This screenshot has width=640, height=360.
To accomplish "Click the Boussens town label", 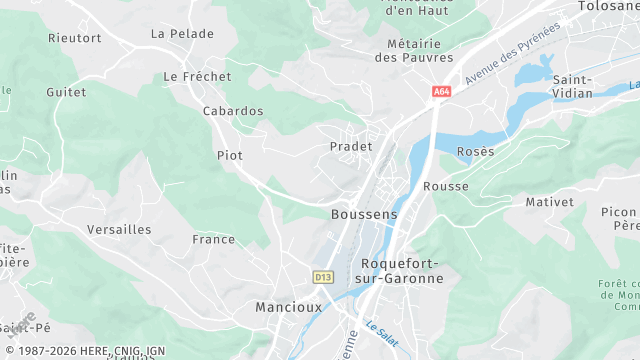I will point(364,214).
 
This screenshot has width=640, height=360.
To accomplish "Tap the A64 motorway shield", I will point(441,92).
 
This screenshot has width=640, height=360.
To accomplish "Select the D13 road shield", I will point(322,276).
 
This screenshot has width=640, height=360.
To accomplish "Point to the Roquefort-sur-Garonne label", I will point(398,270).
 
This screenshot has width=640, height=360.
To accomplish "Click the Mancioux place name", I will point(288,307).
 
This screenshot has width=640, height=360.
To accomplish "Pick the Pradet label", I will point(350,146).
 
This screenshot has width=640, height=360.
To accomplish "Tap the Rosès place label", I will point(475,151).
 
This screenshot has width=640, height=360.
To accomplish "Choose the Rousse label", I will point(446,187).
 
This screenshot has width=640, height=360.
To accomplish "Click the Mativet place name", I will point(550,202).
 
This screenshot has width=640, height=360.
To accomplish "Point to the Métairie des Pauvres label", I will point(414,50).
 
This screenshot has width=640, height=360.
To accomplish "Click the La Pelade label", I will point(182,33).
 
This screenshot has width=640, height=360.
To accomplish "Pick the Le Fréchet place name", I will point(197,76).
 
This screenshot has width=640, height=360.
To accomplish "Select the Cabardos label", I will point(233,111).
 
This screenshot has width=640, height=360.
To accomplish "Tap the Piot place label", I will point(230,155).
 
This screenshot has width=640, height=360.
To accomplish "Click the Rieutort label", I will point(75,38).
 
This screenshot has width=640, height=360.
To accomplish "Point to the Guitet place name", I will point(66,91).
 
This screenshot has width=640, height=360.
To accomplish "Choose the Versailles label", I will point(119,229).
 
